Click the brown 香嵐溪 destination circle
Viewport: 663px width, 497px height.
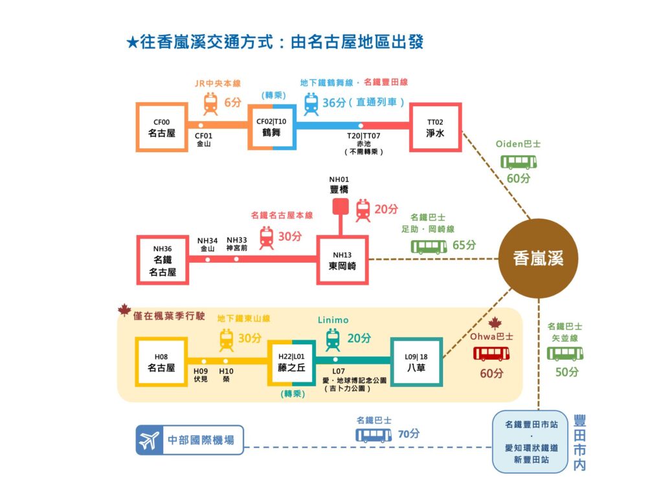(539, 258)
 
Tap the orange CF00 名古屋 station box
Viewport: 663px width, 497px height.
(161, 127)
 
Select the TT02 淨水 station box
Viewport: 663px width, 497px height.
(436, 127)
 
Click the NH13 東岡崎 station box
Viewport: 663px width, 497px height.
(343, 260)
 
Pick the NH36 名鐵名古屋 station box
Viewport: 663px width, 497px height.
(163, 260)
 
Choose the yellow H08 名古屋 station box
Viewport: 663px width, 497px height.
(161, 362)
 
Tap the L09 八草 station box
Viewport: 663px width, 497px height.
(416, 362)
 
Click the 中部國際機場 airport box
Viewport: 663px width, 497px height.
(190, 441)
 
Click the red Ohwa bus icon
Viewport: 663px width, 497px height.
(491, 353)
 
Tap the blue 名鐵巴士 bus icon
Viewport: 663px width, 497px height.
(373, 435)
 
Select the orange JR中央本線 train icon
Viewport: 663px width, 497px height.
(210, 104)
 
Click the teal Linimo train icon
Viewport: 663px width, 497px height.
(333, 339)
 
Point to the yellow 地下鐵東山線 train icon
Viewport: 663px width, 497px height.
(227, 339)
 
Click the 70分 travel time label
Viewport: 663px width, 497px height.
(409, 434)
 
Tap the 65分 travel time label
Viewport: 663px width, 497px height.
(465, 245)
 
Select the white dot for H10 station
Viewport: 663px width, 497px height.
(226, 362)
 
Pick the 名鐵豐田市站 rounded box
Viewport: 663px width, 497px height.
(529, 441)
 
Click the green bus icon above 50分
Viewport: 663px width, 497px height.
(565, 353)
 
